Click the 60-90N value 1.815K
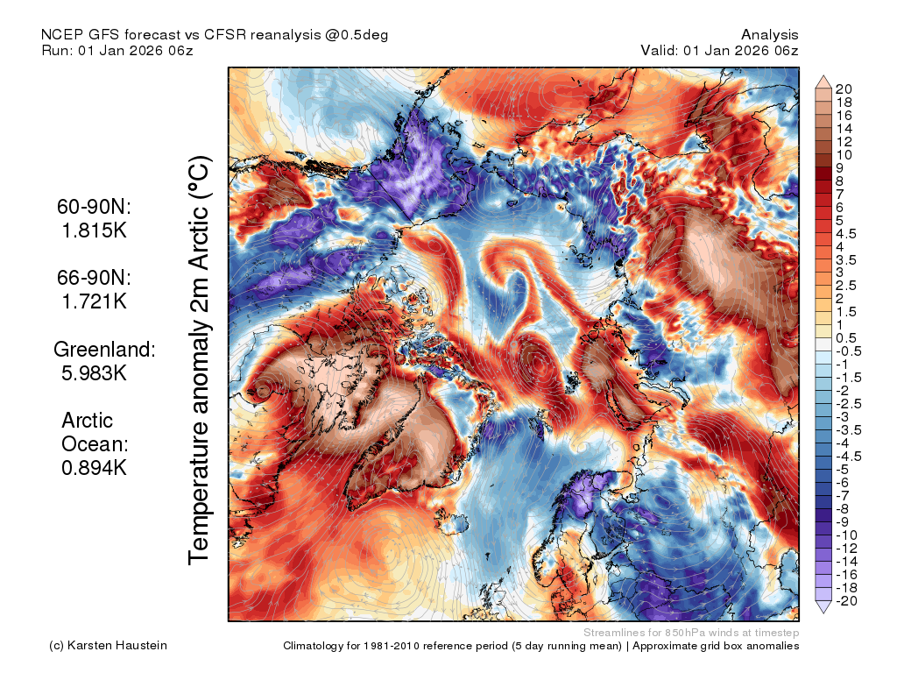pyautogui.click(x=94, y=230)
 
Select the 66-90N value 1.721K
pyautogui.click(x=94, y=301)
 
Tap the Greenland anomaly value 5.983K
pyautogui.click(x=94, y=373)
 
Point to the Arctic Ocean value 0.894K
pyautogui.click(x=94, y=468)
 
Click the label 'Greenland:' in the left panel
pyautogui.click(x=105, y=349)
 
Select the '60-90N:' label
pyautogui.click(x=94, y=207)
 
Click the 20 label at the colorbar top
pyautogui.click(x=844, y=89)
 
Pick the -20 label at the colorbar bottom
pyautogui.click(x=846, y=601)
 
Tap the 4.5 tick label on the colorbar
pyautogui.click(x=846, y=234)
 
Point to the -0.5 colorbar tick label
pyautogui.click(x=848, y=351)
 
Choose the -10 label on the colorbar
pyautogui.click(x=846, y=535)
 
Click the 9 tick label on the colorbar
pyautogui.click(x=839, y=168)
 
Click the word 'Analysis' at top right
pyautogui.click(x=769, y=35)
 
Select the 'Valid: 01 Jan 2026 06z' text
pyautogui.click(x=719, y=50)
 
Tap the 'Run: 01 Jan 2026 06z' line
pyautogui.click(x=117, y=50)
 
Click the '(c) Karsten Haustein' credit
pyautogui.click(x=108, y=646)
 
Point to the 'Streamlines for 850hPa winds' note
pyautogui.click(x=691, y=633)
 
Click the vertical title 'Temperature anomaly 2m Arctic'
pyautogui.click(x=199, y=360)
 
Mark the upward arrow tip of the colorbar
pyautogui.click(x=823, y=75)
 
